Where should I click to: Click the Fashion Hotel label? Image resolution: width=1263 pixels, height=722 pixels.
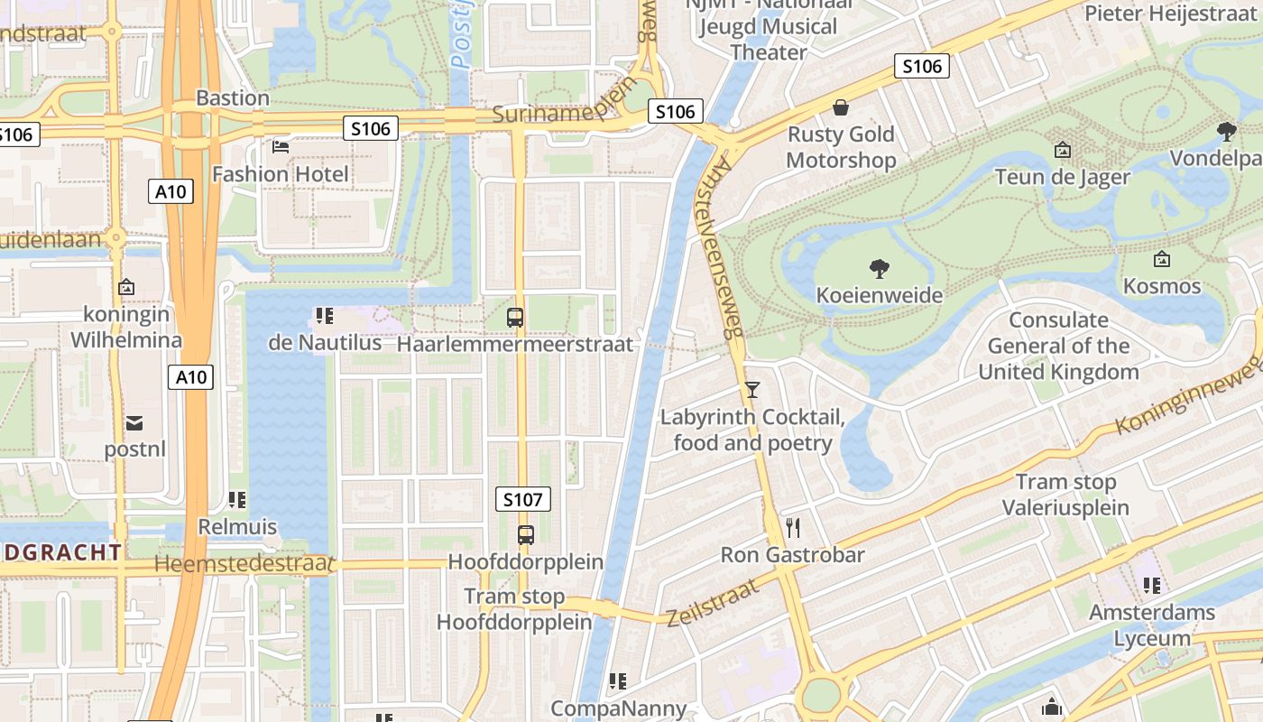pyautogui.click(x=280, y=173)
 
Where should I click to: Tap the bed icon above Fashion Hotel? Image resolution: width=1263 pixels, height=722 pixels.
pyautogui.click(x=281, y=146)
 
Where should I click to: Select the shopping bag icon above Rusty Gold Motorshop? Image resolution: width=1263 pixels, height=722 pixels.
pyautogui.click(x=841, y=108)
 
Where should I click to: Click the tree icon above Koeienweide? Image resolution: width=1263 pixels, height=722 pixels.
pyautogui.click(x=879, y=268)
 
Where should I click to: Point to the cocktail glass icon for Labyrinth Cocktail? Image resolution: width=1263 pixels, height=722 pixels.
pyautogui.click(x=752, y=390)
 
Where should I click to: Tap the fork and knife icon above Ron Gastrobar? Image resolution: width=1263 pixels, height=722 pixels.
pyautogui.click(x=793, y=527)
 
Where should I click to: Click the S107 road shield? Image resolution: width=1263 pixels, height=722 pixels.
pyautogui.click(x=523, y=499)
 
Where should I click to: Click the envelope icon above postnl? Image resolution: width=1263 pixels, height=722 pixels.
pyautogui.click(x=134, y=422)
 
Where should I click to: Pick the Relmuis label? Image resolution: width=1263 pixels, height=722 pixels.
pyautogui.click(x=237, y=526)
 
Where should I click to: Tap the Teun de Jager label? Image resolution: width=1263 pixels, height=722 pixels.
pyautogui.click(x=1062, y=177)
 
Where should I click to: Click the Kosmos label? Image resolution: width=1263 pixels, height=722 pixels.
pyautogui.click(x=1162, y=286)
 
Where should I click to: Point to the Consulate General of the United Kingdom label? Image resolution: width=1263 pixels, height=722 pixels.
pyautogui.click(x=1058, y=346)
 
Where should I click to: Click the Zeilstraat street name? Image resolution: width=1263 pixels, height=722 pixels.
pyautogui.click(x=713, y=603)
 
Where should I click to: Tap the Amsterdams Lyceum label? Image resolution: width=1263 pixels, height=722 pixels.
pyautogui.click(x=1151, y=625)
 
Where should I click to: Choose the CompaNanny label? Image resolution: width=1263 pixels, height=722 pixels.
pyautogui.click(x=618, y=708)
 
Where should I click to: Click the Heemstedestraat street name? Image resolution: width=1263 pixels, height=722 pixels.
pyautogui.click(x=244, y=564)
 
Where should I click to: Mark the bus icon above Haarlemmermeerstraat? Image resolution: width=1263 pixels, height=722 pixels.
pyautogui.click(x=515, y=318)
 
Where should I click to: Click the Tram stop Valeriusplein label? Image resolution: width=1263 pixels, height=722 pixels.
pyautogui.click(x=1065, y=495)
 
